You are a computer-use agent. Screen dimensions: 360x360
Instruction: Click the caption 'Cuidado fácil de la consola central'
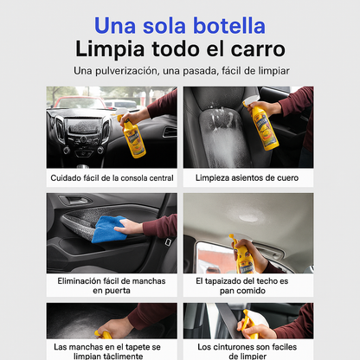pos(112,178)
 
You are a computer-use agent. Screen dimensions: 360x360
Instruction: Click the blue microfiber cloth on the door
pos(109,229)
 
